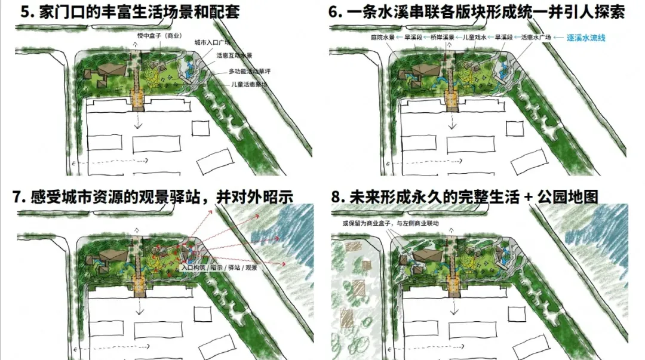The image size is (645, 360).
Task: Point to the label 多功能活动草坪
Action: pos(249,71)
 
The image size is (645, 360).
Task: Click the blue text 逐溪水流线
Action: pos(586,37)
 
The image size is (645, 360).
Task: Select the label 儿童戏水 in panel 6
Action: pos(475,37)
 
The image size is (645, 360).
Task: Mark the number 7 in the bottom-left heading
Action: pos(18,197)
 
